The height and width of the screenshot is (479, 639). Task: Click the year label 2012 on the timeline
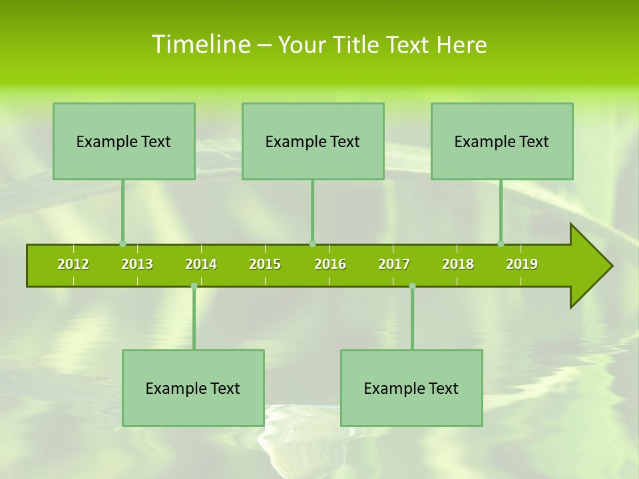point(73,264)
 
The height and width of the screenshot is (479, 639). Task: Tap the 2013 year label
point(137,264)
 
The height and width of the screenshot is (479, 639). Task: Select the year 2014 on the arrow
point(201,264)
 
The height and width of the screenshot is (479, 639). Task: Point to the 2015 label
point(265,264)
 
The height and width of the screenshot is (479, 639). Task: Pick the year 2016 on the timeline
point(330,264)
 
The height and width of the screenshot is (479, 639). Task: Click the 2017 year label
point(394,264)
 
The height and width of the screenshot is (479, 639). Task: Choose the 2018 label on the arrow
point(458,264)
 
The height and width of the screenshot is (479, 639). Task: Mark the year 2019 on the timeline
point(522,264)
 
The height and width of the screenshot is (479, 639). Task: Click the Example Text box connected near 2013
point(124,141)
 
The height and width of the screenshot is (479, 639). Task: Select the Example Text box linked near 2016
point(313,141)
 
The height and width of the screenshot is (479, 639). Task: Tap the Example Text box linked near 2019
point(502,141)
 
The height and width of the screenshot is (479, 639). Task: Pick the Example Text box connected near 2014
point(193,388)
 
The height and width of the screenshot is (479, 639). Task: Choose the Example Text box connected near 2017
point(411,388)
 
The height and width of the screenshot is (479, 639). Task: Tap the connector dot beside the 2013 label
point(122,243)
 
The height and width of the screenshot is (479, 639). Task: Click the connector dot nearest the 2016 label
point(312,243)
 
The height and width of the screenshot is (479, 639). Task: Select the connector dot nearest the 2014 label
point(194,286)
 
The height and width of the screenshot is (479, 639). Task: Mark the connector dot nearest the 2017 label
point(412,286)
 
